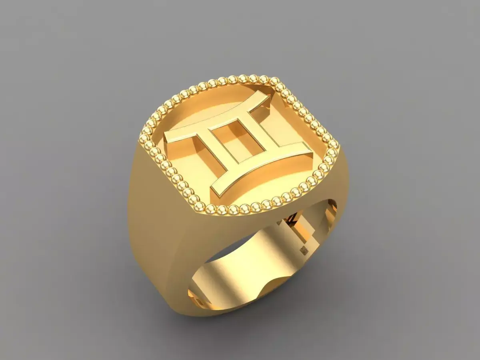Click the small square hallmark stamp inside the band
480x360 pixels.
pos(304,250)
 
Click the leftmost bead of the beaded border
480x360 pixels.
pos(143,138)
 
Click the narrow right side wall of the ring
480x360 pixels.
pos(340,188)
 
